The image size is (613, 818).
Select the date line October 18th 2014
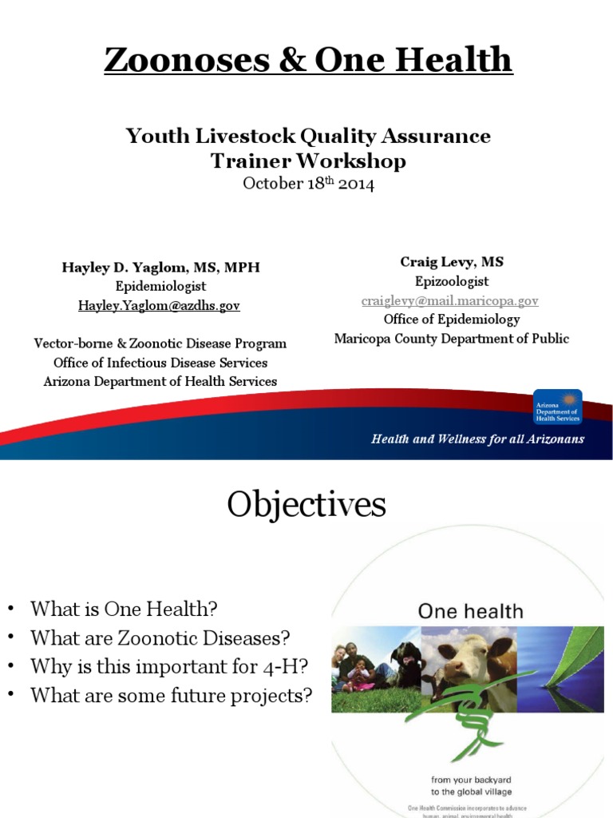(x=307, y=183)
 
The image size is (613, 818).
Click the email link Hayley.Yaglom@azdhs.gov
(x=158, y=305)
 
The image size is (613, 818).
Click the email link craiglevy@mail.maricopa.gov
(x=450, y=300)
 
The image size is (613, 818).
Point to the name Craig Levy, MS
(x=451, y=262)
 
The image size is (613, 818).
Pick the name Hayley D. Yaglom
(x=125, y=267)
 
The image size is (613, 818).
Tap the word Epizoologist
(x=451, y=281)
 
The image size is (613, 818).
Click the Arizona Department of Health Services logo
(x=557, y=407)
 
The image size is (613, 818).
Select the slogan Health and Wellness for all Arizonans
(x=477, y=439)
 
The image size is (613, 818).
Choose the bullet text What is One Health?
(x=124, y=609)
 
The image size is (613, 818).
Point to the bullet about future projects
(x=171, y=695)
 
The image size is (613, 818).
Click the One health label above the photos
(x=471, y=612)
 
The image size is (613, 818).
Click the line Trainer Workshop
(x=307, y=161)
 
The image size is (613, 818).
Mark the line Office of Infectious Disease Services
(x=160, y=363)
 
